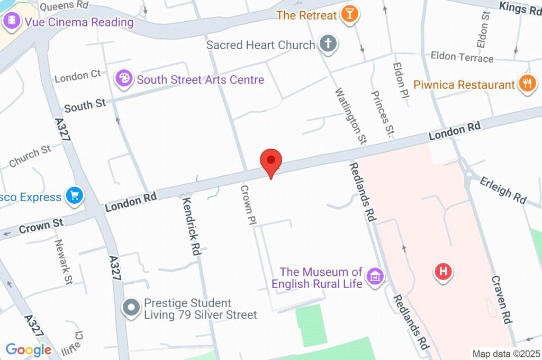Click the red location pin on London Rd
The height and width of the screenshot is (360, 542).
coord(272,161)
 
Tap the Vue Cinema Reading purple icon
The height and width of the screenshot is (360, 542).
coord(11,22)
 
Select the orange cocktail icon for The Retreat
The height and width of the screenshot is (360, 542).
coord(349,14)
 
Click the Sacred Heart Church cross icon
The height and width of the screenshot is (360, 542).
coord(328,44)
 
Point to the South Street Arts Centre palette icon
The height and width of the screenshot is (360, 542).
coord(124,79)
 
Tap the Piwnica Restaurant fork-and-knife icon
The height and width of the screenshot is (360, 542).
coord(527,84)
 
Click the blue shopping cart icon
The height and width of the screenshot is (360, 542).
coord(74,196)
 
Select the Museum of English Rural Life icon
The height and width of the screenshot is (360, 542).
coord(376,276)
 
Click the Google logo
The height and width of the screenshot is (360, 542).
coord(29,350)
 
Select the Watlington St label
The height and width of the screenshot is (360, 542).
coord(350,116)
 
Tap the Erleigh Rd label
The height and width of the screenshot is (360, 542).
coord(503,190)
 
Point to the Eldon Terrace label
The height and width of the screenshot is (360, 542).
coord(462,57)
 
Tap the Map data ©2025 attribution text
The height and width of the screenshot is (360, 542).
coord(505,353)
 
